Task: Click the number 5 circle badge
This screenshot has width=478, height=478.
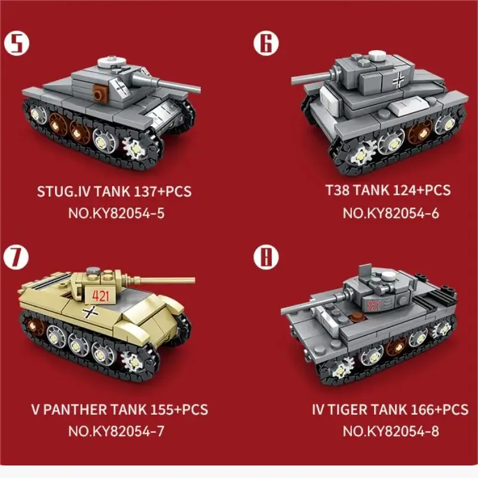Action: [x=18, y=44]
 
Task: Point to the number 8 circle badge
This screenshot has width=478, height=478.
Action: [x=265, y=258]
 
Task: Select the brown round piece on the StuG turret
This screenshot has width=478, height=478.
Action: [x=100, y=93]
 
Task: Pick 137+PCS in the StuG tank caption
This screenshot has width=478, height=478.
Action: [x=164, y=192]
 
